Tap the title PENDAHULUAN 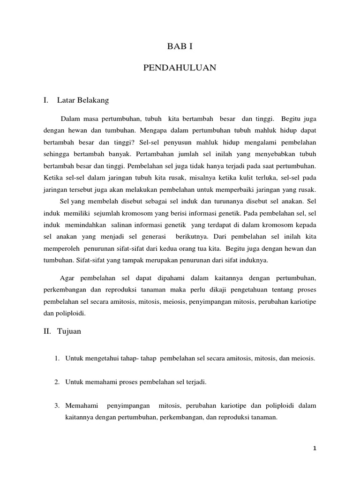[180, 68]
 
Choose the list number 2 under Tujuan [56, 382]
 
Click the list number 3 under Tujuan [56, 405]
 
